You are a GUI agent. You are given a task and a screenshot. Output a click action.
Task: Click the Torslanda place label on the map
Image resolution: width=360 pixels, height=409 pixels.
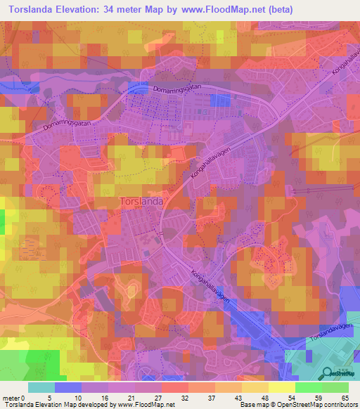[x=142, y=201]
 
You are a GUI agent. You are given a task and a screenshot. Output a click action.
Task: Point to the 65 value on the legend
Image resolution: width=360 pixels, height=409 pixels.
[x=345, y=398]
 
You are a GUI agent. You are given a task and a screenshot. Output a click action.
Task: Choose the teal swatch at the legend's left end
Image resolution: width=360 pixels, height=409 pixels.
[x=41, y=387]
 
